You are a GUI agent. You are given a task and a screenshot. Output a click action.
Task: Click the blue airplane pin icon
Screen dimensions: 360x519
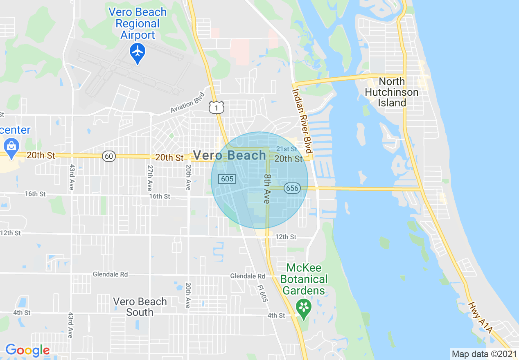138,52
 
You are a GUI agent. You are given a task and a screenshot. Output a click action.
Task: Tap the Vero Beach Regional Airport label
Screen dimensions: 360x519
138,23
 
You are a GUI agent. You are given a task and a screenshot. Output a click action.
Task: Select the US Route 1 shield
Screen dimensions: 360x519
216,107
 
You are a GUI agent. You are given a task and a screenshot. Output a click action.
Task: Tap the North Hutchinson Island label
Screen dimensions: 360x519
391,92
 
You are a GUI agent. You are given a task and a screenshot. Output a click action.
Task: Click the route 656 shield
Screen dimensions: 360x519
293,188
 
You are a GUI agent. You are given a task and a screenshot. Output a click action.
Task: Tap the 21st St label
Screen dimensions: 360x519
287,149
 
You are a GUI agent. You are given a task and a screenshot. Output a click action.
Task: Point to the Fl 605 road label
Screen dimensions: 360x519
263,293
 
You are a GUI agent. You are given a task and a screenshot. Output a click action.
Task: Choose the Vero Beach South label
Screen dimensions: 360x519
140,307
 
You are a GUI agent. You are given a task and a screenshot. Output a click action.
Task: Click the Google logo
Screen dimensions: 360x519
27,350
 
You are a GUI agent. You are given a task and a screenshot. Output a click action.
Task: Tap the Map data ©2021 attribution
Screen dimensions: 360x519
484,354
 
